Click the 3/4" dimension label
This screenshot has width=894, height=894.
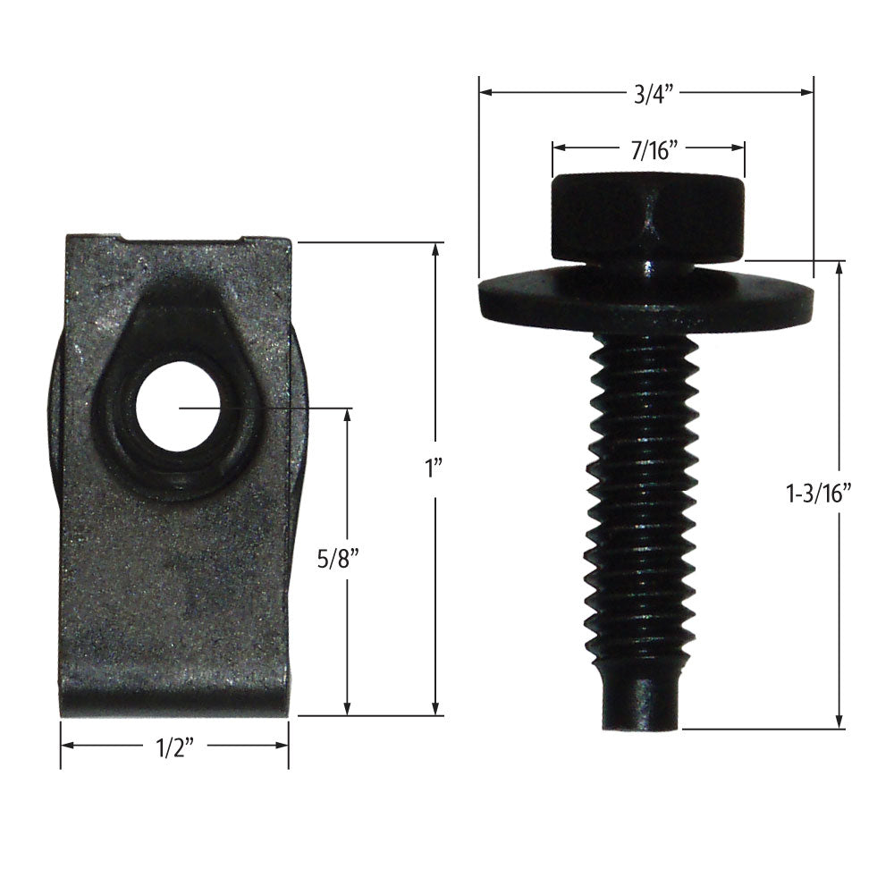(646, 93)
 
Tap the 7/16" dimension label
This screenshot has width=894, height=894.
(648, 148)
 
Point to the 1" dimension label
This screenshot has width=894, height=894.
(435, 468)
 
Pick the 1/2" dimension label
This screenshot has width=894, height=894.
(175, 747)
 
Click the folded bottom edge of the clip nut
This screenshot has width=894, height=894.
(174, 702)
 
